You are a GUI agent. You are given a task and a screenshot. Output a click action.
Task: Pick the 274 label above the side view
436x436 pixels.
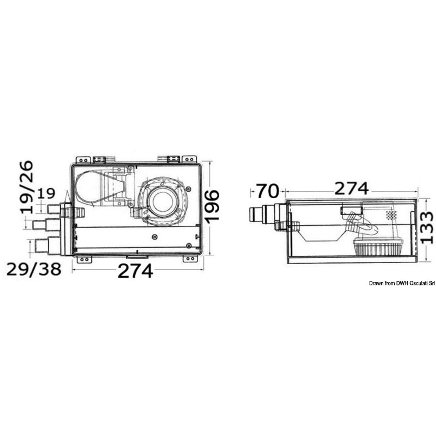(x=352, y=189)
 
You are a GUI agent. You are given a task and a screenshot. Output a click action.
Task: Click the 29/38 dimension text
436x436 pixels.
(x=34, y=269)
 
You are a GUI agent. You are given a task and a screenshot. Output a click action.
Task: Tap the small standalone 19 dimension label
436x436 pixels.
(x=46, y=193)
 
